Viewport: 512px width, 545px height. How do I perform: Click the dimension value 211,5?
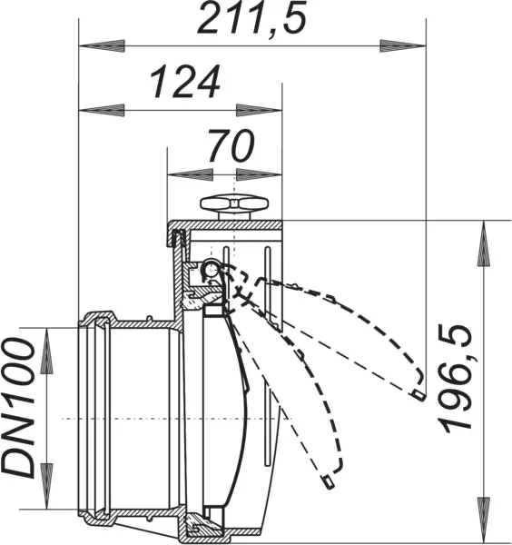(251, 18)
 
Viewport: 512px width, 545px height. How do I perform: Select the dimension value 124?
(185, 82)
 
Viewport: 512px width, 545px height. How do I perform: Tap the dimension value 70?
(231, 146)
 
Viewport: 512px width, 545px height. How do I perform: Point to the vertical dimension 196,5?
(457, 379)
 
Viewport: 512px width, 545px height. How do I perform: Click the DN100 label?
(18, 409)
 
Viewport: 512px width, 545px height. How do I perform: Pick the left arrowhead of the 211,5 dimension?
(102, 45)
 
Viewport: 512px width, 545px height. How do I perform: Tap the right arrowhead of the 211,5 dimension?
(403, 45)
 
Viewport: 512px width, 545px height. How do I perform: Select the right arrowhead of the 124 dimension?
(259, 110)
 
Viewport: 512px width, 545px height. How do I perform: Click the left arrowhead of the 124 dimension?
(102, 110)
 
